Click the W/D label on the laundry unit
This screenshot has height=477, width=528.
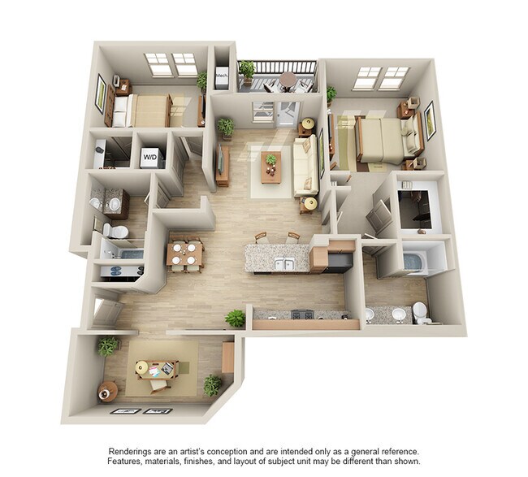(150, 155)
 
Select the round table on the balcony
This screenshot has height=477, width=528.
(288, 80)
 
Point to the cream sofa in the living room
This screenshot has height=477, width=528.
(306, 166)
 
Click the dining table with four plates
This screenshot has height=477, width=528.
(184, 253)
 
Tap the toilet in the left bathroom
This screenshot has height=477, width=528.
(118, 233)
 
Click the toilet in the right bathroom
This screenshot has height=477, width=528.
(419, 312)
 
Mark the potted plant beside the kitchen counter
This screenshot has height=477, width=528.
(236, 318)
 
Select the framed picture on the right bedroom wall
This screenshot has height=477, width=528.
(430, 119)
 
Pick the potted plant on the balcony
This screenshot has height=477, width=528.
(247, 70)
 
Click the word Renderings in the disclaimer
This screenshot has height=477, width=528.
(132, 451)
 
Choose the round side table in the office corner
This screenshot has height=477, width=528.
(108, 392)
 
